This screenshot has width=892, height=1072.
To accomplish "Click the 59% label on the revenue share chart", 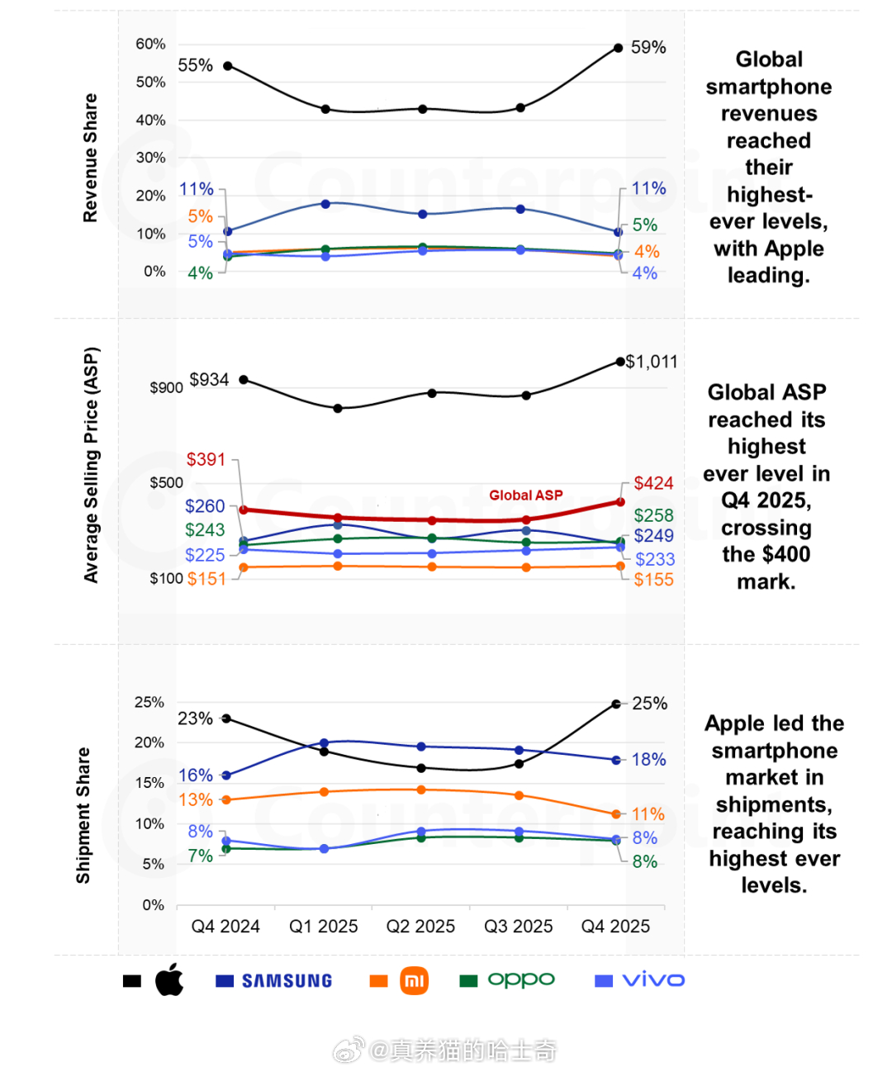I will (x=648, y=48).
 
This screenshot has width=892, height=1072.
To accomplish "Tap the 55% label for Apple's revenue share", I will (x=195, y=65).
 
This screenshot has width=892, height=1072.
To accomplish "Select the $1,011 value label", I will (x=652, y=362).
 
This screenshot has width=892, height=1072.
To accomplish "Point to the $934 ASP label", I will (x=209, y=380).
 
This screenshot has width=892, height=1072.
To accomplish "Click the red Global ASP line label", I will (x=526, y=496).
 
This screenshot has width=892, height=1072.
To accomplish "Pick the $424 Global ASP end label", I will (x=653, y=483).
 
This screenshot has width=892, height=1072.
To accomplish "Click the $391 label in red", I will (x=206, y=459).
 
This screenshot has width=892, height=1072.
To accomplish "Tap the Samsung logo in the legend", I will (x=287, y=981).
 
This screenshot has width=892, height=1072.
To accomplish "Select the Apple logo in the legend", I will (x=169, y=980).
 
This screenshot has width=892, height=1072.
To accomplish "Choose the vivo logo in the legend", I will (x=653, y=980).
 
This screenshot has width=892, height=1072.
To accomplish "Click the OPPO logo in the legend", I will (x=521, y=980).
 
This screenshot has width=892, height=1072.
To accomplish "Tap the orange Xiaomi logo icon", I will (x=414, y=980).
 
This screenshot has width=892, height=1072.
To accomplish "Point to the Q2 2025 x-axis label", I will (x=420, y=927).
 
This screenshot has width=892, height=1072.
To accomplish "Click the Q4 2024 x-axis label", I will (x=225, y=927).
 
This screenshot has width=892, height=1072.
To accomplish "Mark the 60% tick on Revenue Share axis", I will (x=150, y=44).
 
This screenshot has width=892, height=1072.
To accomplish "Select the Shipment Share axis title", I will (x=83, y=815).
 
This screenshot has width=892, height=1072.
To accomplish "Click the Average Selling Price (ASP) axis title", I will (x=91, y=465).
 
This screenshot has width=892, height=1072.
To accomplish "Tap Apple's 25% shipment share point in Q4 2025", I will (x=616, y=704).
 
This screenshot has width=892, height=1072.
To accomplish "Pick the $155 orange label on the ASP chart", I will (x=653, y=580).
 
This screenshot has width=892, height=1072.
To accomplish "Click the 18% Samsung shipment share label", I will (x=648, y=760).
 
